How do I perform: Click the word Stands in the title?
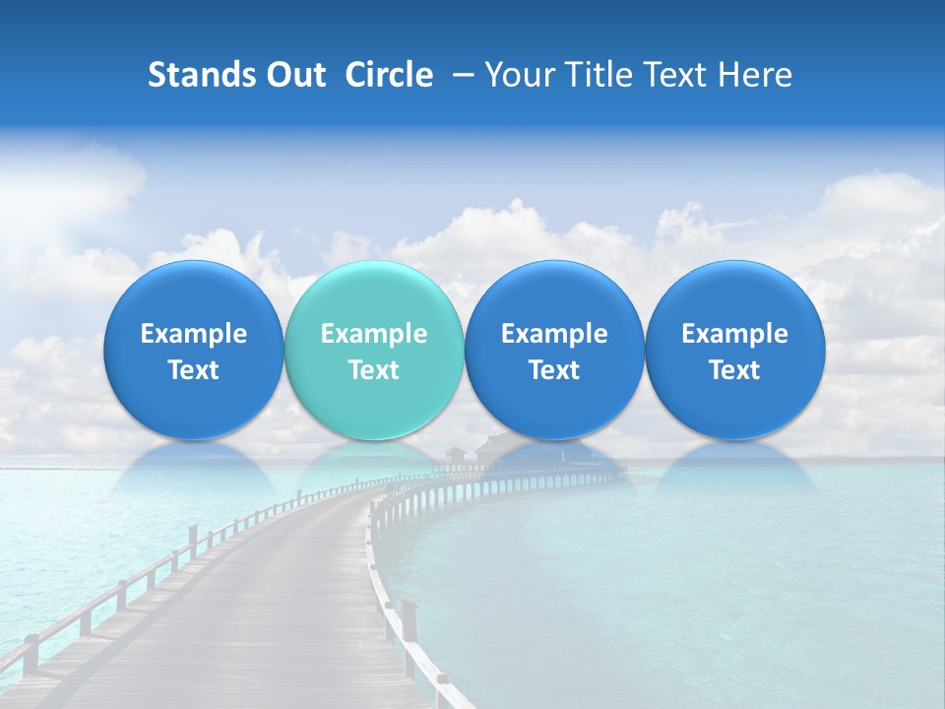(x=196, y=75)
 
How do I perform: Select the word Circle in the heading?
(x=389, y=75)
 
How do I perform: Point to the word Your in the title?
(x=518, y=75)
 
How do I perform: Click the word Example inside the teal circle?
(x=374, y=334)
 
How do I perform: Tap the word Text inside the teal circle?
(x=374, y=370)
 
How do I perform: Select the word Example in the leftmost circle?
(x=194, y=334)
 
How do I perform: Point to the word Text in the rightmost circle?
(x=734, y=370)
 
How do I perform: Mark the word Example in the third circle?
(x=554, y=334)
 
